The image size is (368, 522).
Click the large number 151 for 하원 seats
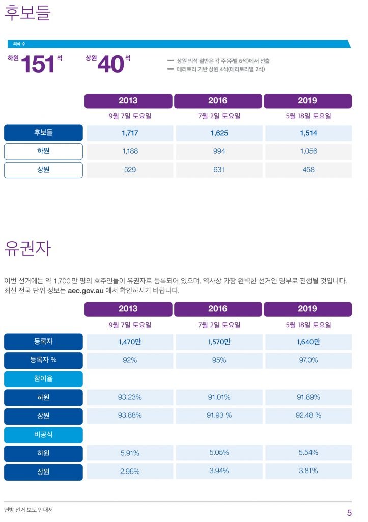tap(37, 65)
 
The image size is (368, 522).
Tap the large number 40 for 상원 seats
tap(110, 65)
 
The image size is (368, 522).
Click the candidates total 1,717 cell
tap(130, 133)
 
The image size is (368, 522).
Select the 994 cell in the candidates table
tap(219, 151)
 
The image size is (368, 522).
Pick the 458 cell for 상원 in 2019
tap(308, 170)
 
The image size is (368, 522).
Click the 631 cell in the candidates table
tap(219, 170)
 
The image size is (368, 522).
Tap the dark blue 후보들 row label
tap(43, 133)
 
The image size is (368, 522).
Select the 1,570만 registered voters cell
tap(219, 342)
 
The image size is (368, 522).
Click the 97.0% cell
tap(308, 360)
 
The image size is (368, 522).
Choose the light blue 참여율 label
tap(43, 379)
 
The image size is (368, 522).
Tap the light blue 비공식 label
tap(43, 435)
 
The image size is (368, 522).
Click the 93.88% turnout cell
tap(130, 415)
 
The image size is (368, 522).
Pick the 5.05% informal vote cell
tap(219, 453)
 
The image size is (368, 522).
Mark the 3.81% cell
tap(308, 471)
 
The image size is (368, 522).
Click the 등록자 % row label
tap(43, 360)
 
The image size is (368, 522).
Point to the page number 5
tap(349, 512)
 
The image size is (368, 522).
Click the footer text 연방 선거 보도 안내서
tap(29, 510)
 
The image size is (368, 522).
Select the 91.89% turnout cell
tap(308, 397)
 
